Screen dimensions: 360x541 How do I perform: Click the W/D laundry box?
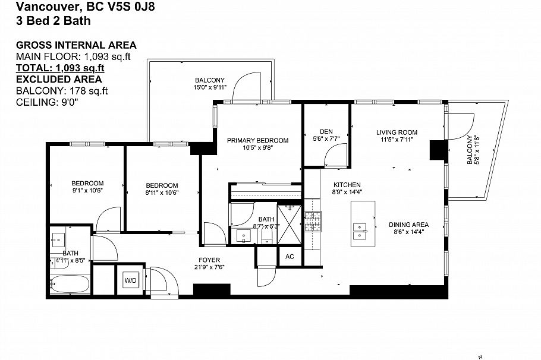(130, 279)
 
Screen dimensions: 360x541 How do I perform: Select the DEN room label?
(326, 131)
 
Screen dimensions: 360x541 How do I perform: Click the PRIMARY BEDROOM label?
(257, 141)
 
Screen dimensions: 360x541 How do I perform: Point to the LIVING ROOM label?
(397, 132)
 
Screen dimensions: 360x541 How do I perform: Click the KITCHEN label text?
(347, 185)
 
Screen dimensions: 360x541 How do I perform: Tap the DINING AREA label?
(408, 225)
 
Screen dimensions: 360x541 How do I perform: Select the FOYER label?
(209, 260)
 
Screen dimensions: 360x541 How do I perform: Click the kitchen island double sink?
(360, 230)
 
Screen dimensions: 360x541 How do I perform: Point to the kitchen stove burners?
(312, 222)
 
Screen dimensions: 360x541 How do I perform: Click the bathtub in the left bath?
(69, 284)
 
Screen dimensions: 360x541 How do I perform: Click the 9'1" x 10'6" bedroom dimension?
(87, 192)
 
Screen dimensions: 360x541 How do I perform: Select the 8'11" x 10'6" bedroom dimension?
(162, 192)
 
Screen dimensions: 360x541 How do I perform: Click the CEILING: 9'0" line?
(47, 102)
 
